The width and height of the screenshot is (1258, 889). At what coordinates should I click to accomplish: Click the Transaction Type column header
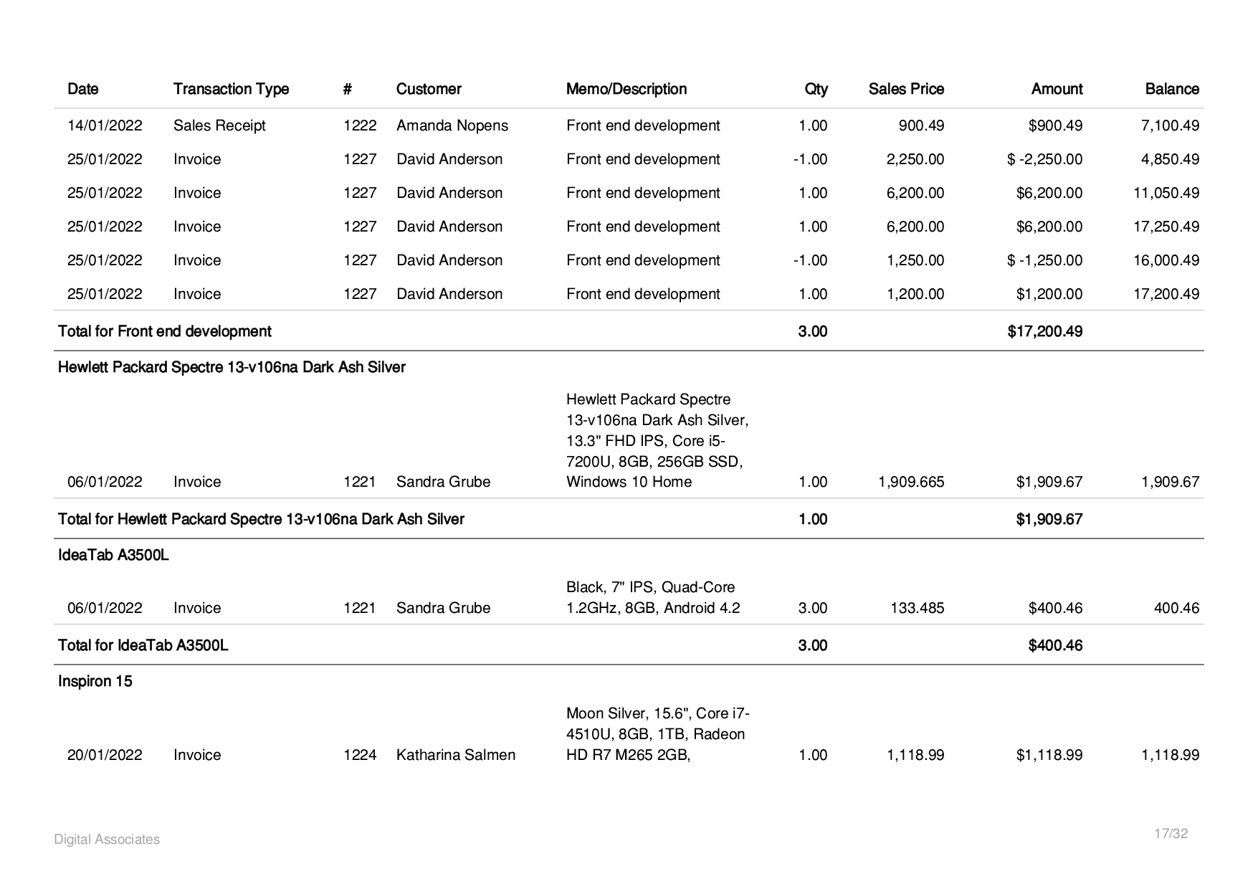[x=231, y=89]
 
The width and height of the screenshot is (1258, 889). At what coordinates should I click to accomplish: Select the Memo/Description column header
[x=626, y=89]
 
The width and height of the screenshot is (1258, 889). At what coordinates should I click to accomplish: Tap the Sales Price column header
[x=906, y=89]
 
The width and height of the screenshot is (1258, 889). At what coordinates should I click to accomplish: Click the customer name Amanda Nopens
[x=452, y=125]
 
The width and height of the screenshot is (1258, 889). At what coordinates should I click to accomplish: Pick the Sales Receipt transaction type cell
[x=219, y=125]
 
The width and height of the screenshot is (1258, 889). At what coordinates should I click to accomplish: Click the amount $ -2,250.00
[x=1044, y=159]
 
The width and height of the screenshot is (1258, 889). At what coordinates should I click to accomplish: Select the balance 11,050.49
[x=1166, y=193]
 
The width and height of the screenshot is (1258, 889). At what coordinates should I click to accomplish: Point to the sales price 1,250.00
[x=915, y=260]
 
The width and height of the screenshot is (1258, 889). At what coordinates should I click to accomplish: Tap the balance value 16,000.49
[x=1166, y=260]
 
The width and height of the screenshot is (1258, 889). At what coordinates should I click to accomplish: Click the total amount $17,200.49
[x=1044, y=331]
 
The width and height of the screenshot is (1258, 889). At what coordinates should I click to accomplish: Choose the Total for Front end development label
[x=164, y=331]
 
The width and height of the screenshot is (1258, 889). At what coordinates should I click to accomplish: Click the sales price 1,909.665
[x=911, y=482]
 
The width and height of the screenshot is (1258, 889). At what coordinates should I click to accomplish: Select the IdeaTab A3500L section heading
[x=113, y=555]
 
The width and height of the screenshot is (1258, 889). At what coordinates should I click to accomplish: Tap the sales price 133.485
[x=917, y=608]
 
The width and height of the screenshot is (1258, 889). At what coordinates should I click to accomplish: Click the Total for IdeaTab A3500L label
[x=143, y=645]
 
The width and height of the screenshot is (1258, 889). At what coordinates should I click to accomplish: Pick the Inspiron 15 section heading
[x=95, y=681]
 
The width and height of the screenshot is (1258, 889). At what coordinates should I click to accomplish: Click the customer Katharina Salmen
[x=455, y=755]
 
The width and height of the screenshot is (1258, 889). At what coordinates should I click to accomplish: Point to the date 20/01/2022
[x=105, y=755]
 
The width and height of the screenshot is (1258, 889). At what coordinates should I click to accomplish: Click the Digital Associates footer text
[x=107, y=840]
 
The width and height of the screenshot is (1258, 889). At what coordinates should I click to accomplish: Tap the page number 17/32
[x=1171, y=834]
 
